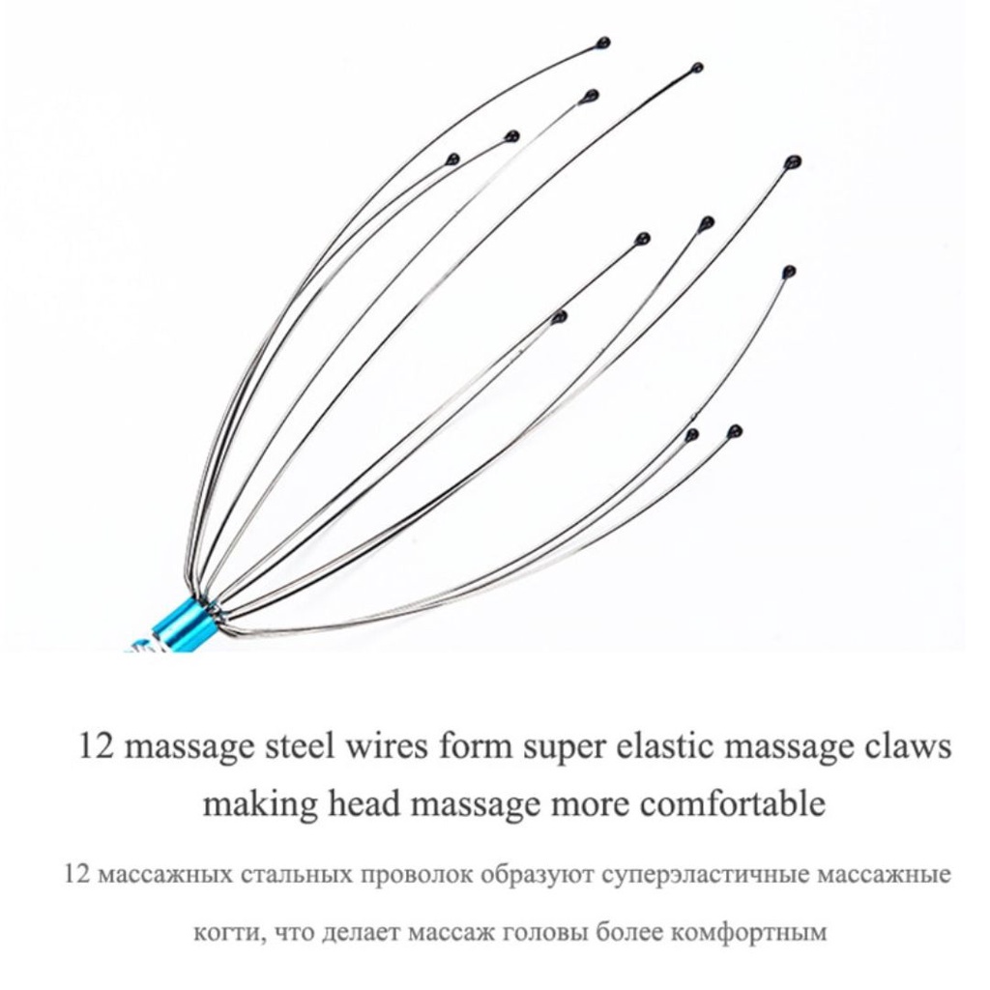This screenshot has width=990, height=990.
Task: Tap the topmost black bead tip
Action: click(x=603, y=44)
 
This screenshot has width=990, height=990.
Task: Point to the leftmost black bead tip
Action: click(x=452, y=159)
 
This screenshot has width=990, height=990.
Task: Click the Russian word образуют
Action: click(x=537, y=876)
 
